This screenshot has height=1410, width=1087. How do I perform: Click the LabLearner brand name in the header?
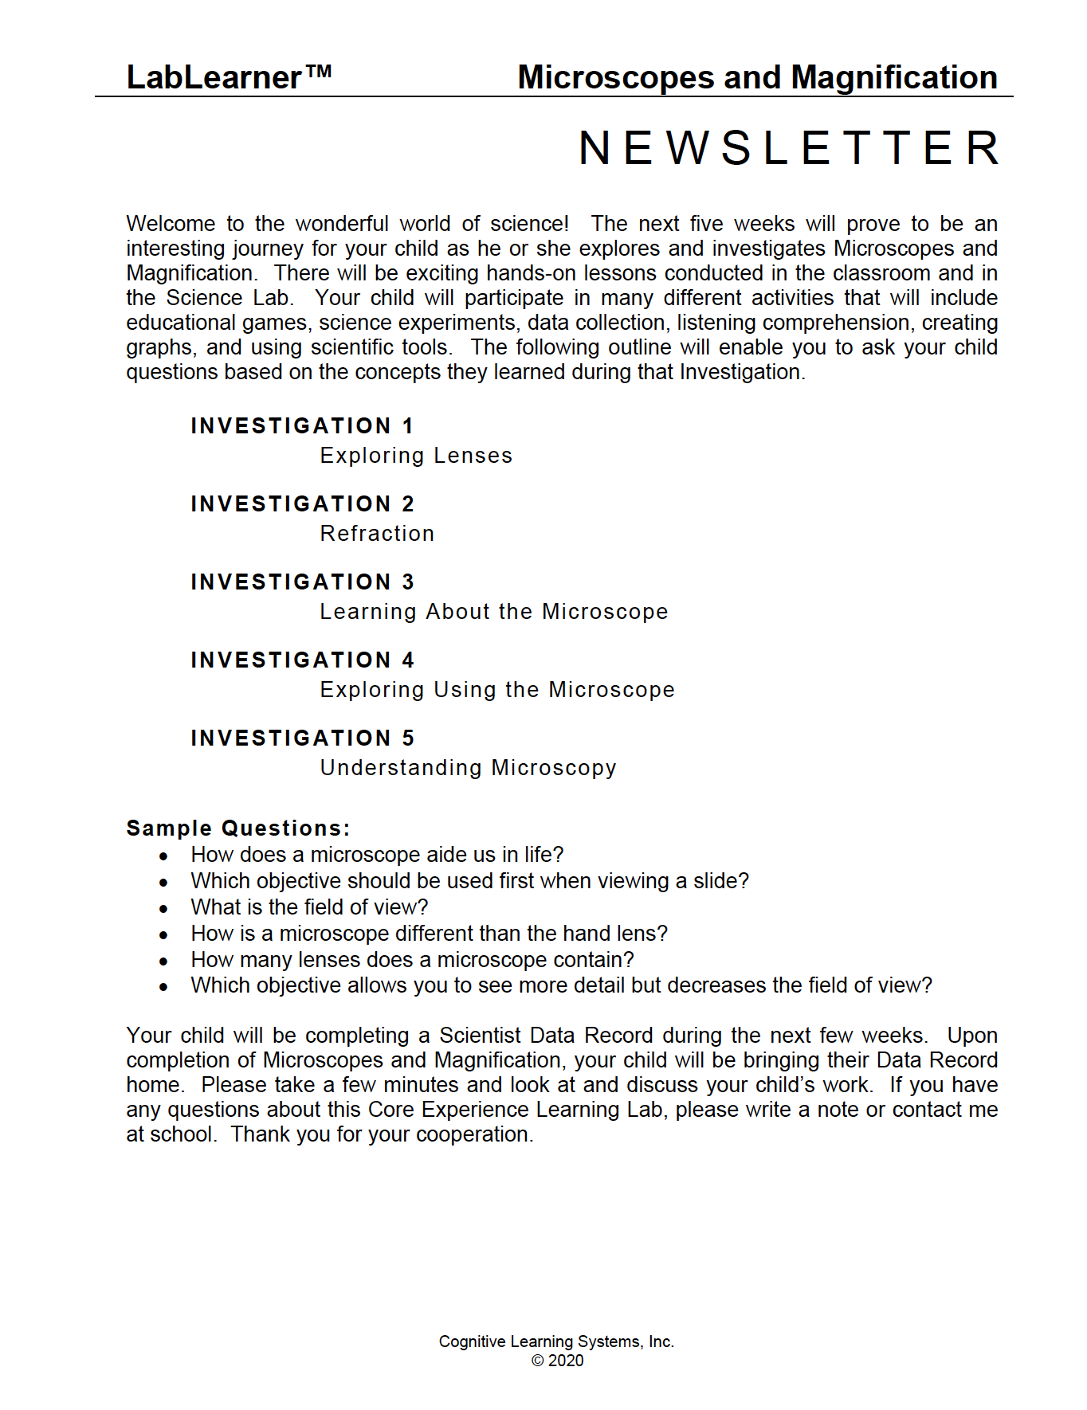(214, 78)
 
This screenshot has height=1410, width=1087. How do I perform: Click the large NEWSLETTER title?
(789, 148)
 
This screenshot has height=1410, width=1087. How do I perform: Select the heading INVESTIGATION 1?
(302, 426)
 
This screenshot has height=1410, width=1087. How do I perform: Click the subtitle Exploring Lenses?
(416, 456)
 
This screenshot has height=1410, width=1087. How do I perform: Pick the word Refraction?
(377, 534)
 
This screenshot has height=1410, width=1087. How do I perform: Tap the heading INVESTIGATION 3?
(302, 582)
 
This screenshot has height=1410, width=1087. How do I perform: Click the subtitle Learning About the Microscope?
(494, 612)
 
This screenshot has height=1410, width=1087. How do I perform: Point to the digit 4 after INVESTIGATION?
(408, 660)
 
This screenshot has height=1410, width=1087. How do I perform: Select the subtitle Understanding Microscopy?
(469, 768)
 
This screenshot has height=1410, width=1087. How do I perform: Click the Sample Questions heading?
(238, 828)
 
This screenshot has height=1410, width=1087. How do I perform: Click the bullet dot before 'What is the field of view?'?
(163, 909)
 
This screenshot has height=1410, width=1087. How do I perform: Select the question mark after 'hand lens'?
(661, 934)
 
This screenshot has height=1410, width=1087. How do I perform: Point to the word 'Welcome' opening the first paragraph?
(171, 224)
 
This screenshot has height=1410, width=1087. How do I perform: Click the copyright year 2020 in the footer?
(566, 1361)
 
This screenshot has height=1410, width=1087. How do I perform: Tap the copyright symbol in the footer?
(537, 1361)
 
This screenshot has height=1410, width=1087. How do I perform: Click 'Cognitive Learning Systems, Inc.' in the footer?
(556, 1341)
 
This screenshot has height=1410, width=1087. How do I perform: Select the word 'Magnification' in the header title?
(894, 78)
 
